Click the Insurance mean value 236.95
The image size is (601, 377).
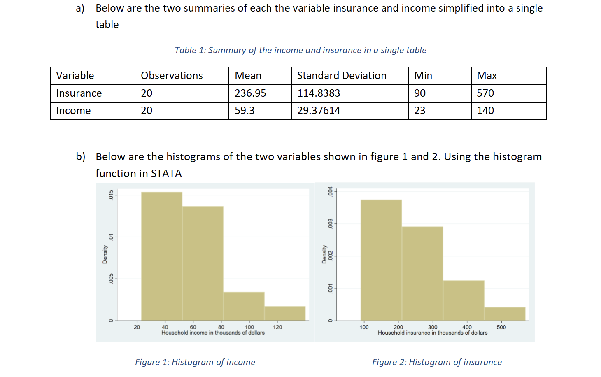tap(250, 93)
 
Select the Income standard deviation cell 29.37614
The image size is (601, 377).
tap(319, 111)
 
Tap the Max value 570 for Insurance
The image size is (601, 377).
tap(485, 93)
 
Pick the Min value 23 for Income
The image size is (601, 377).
tap(419, 111)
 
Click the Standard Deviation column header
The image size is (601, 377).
tap(342, 76)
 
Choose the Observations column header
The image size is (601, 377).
tap(172, 76)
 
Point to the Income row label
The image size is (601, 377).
tap(73, 111)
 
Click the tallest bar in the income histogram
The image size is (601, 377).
tap(161, 255)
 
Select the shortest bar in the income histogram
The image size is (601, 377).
tap(285, 313)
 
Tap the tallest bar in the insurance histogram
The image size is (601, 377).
tap(381, 259)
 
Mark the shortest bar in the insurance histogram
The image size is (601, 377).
tap(505, 314)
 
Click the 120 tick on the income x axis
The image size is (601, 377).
tap(277, 327)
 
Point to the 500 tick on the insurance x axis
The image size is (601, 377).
tap(501, 327)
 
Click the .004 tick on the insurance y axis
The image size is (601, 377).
tap(330, 191)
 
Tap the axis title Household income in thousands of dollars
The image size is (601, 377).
tap(213, 333)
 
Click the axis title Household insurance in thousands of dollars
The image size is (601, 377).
tap(432, 333)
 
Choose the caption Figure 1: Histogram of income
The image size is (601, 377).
tap(195, 362)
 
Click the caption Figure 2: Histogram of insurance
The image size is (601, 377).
tap(437, 362)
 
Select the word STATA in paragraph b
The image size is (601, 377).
tap(166, 174)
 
